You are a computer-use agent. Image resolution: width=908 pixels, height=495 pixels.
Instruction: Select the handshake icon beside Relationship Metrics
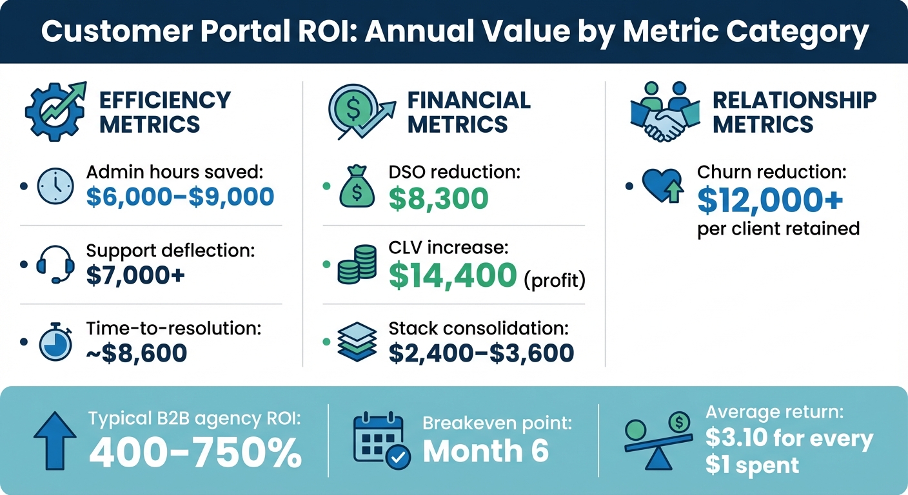(664, 112)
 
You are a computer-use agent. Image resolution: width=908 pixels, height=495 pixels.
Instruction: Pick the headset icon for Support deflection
(55, 265)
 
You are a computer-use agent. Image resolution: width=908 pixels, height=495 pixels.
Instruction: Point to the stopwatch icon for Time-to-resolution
(55, 342)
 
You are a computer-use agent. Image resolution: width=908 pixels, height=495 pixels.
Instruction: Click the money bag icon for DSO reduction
(357, 188)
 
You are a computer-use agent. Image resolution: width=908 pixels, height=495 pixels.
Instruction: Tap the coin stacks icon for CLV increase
(357, 265)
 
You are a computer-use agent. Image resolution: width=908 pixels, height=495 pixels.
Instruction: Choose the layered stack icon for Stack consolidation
(357, 342)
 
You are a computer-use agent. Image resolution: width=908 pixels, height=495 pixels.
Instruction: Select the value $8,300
(439, 199)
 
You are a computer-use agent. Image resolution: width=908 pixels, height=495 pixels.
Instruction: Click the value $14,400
(453, 275)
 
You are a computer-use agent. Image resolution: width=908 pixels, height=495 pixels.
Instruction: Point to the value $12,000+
(770, 201)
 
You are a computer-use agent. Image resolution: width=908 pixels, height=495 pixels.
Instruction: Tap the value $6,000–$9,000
(180, 197)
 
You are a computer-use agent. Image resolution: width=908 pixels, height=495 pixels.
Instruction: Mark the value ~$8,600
(136, 352)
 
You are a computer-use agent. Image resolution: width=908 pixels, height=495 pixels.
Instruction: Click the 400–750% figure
(195, 454)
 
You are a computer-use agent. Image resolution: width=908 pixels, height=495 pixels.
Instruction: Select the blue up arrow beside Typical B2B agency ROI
(54, 442)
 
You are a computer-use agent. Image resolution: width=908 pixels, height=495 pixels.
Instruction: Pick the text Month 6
(485, 451)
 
